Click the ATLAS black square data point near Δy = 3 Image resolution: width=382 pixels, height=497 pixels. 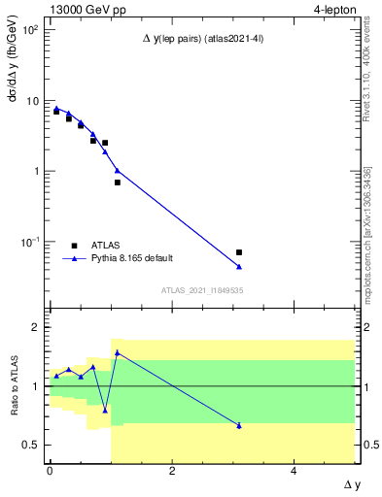239,252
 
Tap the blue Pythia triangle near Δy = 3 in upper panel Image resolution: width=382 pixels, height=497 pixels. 239,267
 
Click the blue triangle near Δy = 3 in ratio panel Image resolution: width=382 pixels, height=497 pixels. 239,425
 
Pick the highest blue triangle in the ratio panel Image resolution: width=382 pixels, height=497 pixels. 117,353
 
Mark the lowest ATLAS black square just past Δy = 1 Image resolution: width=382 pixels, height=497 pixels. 118,182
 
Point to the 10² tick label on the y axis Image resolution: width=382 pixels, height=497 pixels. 29,30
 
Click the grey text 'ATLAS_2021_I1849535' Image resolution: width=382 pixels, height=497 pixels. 202,290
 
